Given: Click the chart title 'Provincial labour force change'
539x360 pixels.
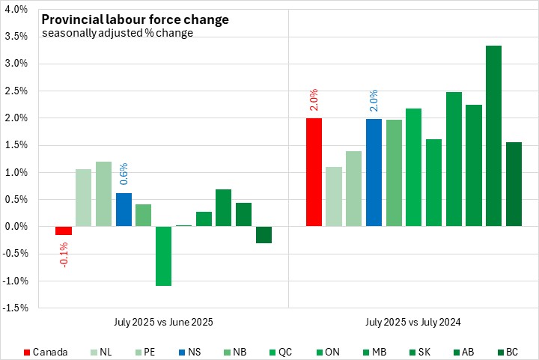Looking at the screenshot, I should pyautogui.click(x=135, y=19).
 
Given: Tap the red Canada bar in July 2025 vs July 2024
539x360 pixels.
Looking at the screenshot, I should pyautogui.click(x=314, y=172).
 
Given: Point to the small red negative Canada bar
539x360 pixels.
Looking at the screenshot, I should pyautogui.click(x=64, y=231).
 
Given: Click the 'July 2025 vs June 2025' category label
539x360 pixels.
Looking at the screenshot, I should pyautogui.click(x=163, y=322).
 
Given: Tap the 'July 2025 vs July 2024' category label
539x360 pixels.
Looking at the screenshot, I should pyautogui.click(x=413, y=322).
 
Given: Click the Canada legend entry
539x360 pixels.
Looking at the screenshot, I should pyautogui.click(x=46, y=351).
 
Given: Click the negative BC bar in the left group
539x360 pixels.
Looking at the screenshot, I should pyautogui.click(x=264, y=234).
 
